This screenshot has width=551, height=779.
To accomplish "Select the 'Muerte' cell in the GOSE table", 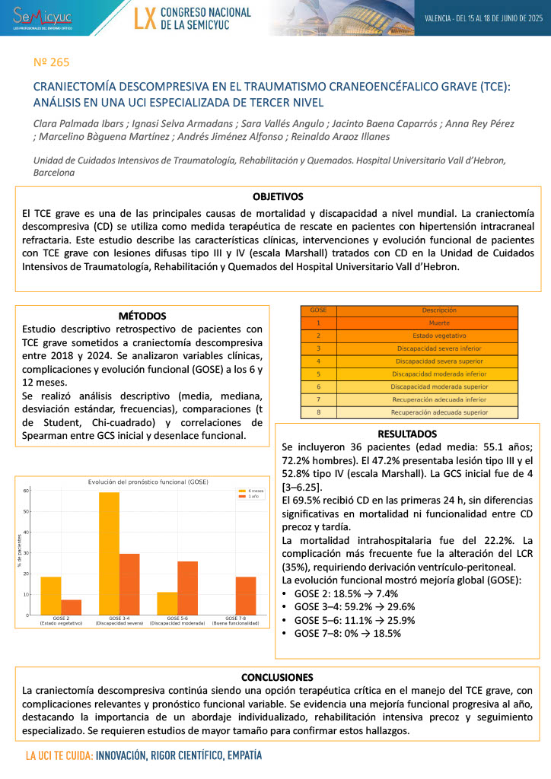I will tap(427, 323).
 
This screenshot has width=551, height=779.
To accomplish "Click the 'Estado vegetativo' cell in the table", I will tap(427, 335).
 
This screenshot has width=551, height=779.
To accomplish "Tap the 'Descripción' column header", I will tap(427, 310).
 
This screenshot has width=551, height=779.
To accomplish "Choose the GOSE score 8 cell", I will tap(319, 412).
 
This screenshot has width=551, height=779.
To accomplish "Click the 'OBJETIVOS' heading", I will tap(278, 196).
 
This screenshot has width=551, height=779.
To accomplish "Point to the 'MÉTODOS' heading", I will tap(142, 316).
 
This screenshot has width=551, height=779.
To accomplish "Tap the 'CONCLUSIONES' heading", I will tap(277, 677).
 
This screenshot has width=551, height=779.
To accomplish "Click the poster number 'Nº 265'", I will tap(52, 62).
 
